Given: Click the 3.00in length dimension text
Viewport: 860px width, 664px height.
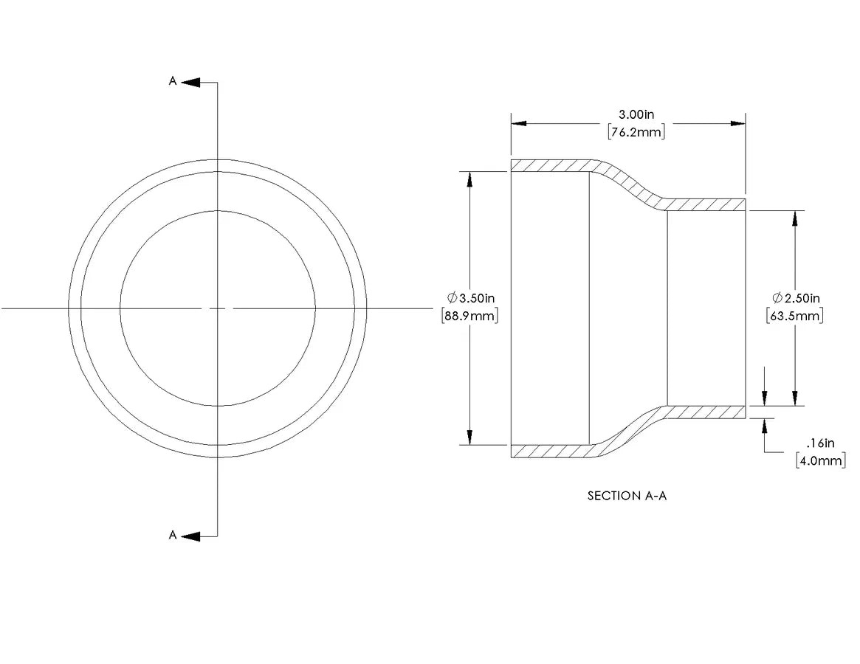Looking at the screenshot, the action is [x=636, y=114].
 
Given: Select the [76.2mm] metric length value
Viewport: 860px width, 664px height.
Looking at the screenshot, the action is [x=636, y=132].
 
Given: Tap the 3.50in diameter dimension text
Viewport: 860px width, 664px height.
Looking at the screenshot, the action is [x=477, y=298].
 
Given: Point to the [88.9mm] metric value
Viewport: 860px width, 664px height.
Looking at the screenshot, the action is [x=470, y=316].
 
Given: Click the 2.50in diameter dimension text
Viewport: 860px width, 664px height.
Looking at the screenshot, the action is [x=802, y=298].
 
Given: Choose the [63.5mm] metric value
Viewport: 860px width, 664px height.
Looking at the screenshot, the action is [x=795, y=316].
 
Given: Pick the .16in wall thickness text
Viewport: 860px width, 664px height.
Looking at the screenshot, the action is [x=821, y=443].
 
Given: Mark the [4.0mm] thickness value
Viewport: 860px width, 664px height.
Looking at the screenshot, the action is [x=821, y=460].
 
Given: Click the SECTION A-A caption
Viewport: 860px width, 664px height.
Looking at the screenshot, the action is [x=627, y=496].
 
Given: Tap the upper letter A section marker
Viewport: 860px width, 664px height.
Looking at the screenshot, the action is [x=173, y=81].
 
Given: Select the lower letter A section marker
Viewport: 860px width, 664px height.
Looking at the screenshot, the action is [x=173, y=535].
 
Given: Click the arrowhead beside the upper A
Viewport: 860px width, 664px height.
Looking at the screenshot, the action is [x=190, y=82].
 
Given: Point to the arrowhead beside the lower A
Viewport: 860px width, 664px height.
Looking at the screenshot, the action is [x=190, y=536].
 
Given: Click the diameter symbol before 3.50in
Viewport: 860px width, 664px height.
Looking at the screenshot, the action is [x=452, y=298].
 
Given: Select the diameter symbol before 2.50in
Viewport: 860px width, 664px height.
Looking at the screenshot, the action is [x=777, y=298].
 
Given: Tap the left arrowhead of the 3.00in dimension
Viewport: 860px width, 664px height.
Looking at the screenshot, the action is [x=519, y=123].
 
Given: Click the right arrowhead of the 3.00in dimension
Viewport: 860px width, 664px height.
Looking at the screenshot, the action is [x=738, y=123].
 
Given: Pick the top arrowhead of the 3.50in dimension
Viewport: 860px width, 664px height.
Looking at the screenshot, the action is [x=469, y=179].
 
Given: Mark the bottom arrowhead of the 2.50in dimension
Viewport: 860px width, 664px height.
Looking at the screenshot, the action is [x=795, y=398].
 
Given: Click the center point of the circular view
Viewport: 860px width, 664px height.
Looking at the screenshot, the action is [x=218, y=308].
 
